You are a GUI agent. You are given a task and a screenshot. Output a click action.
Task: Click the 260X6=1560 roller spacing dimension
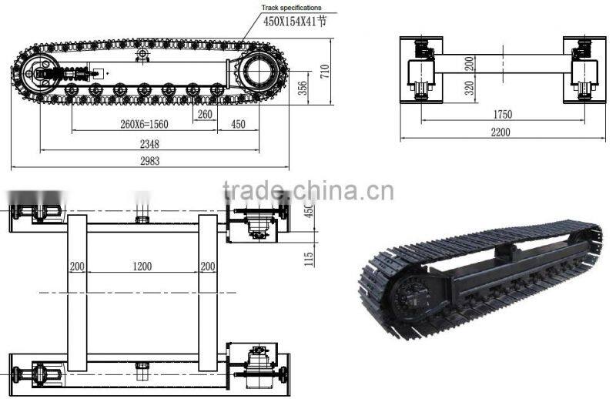[x=135, y=124]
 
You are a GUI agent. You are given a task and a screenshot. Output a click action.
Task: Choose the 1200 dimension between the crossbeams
[x=142, y=267]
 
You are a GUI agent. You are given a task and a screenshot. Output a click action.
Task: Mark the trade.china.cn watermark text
[x=307, y=189]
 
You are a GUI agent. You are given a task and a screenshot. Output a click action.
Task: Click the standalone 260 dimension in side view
[x=205, y=114]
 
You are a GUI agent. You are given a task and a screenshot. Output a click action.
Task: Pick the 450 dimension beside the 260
[x=238, y=124]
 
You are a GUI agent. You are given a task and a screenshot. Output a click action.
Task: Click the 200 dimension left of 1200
[x=76, y=267]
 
